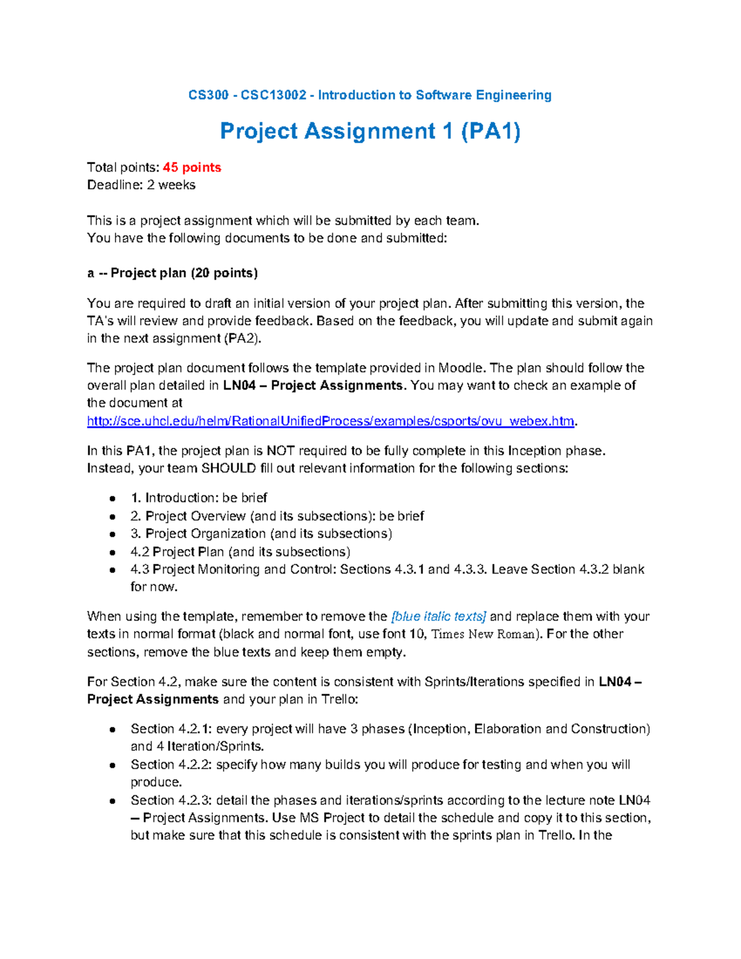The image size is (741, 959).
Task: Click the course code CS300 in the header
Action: coord(208,95)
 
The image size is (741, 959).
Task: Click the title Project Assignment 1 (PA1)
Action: coord(370,132)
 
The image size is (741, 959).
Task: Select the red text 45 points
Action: coord(191,167)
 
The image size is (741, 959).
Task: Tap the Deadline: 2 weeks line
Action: coord(141,185)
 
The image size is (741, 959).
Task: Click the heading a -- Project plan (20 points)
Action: coord(172,273)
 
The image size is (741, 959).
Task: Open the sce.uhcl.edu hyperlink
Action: coord(330,421)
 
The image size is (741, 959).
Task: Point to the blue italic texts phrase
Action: coord(439,616)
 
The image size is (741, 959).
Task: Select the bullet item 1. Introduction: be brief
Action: coord(198,498)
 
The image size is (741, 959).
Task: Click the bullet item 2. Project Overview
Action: coord(277,516)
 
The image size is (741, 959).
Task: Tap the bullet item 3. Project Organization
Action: coord(261,534)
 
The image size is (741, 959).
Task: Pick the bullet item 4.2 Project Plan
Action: coord(240,551)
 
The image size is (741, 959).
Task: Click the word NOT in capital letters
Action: coord(280,451)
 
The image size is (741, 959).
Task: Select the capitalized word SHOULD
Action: coord(228,468)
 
